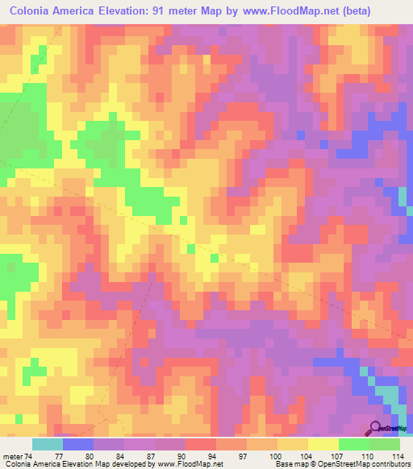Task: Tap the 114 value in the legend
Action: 398,454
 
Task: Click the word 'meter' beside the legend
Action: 12,454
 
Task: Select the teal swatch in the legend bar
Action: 48,444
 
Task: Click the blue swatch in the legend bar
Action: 78,444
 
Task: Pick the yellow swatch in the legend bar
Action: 323,444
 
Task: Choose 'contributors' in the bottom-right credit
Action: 385,464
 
